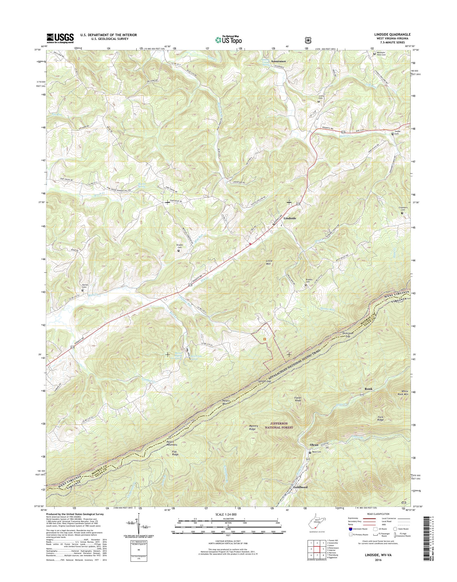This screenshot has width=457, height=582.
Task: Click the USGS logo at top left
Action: [60, 38]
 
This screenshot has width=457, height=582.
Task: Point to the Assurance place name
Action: [278, 61]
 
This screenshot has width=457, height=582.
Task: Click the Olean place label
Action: [314, 445]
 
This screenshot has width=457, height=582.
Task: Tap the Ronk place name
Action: [368, 389]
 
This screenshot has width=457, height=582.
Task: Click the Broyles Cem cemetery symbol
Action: [179, 251]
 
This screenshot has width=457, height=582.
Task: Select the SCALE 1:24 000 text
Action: [228, 514]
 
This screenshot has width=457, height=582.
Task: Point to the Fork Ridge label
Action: [380, 418]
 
